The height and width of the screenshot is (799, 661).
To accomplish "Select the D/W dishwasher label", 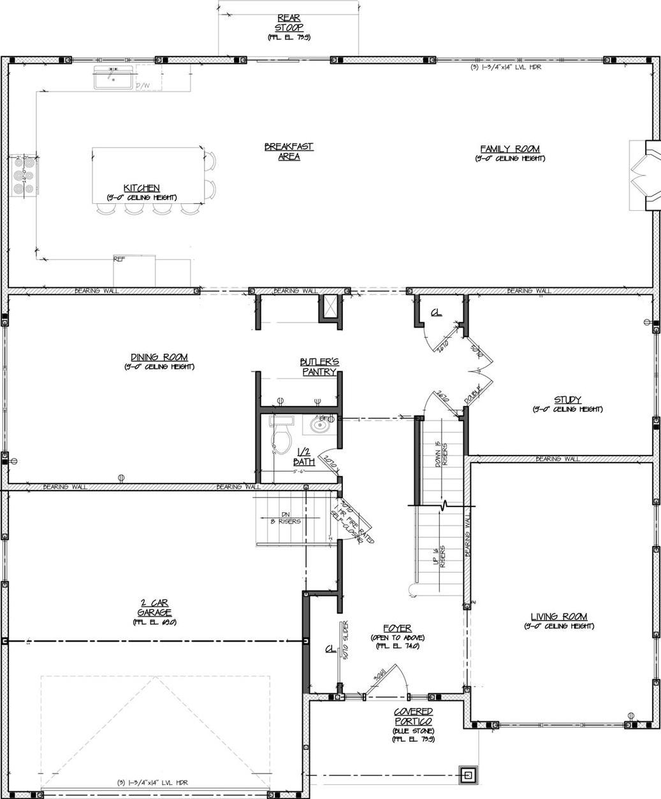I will [142, 85].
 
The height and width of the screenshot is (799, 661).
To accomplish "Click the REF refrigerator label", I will [119, 259].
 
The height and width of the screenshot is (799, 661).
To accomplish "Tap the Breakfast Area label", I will [289, 152].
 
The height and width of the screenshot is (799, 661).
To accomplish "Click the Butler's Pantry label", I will [320, 366].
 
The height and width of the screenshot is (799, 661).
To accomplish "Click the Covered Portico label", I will [413, 716].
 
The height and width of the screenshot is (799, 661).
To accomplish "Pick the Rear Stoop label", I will [289, 23].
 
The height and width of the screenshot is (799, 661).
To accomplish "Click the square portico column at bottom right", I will [469, 775].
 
